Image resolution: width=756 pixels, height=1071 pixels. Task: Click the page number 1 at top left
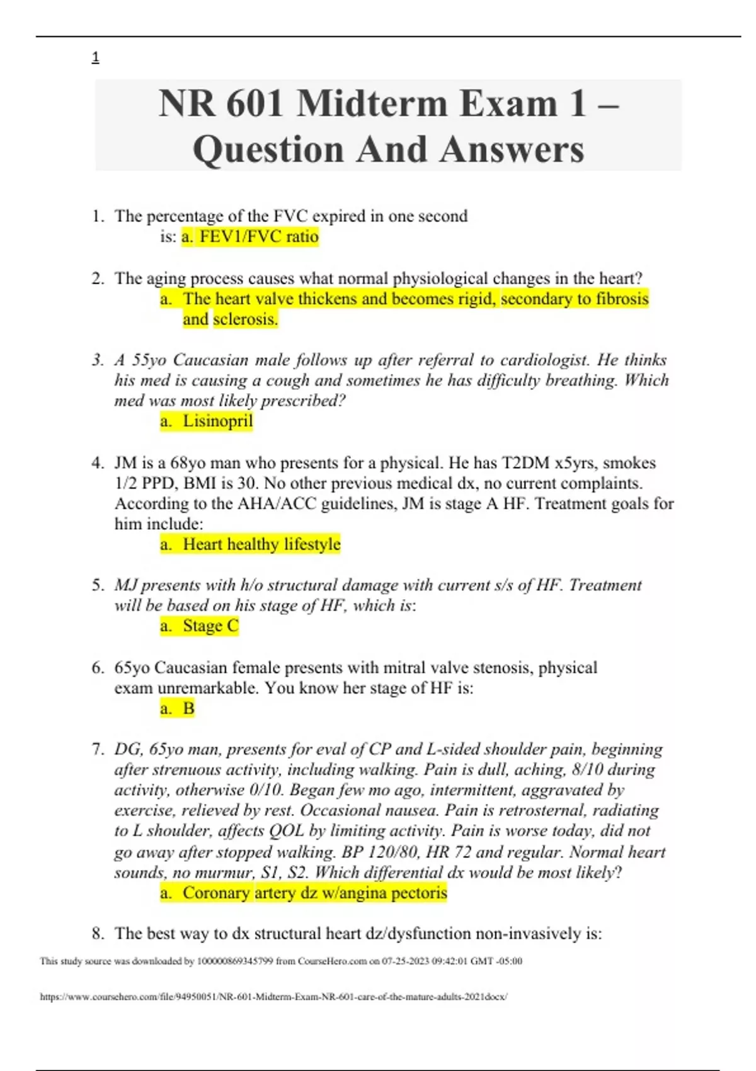pos(95,58)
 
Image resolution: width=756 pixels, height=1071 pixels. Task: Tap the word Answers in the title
pos(512,150)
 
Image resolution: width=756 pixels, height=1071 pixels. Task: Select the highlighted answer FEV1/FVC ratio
pos(250,237)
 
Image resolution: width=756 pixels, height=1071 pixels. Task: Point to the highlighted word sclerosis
pos(245,319)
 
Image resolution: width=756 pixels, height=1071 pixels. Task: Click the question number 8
pos(98,934)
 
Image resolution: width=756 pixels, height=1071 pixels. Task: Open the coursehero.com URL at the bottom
pos(273,997)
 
